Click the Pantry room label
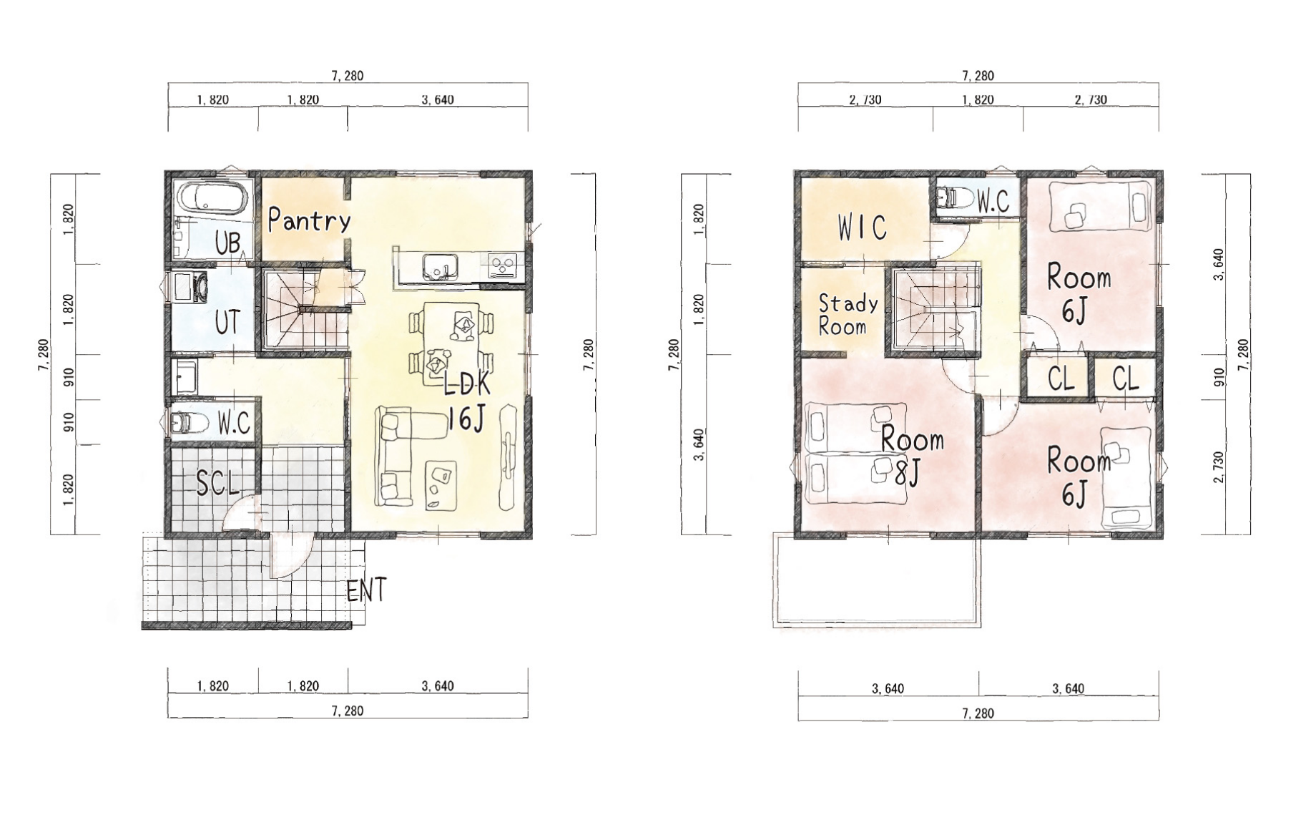tap(309, 220)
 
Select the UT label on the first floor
tap(227, 323)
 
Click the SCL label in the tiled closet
tap(217, 483)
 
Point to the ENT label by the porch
tap(366, 590)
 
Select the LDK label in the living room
tap(467, 385)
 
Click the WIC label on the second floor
tap(863, 228)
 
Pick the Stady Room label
tap(848, 315)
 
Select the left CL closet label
tap(1061, 378)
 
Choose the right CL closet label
tap(1126, 378)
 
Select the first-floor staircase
tap(304, 308)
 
